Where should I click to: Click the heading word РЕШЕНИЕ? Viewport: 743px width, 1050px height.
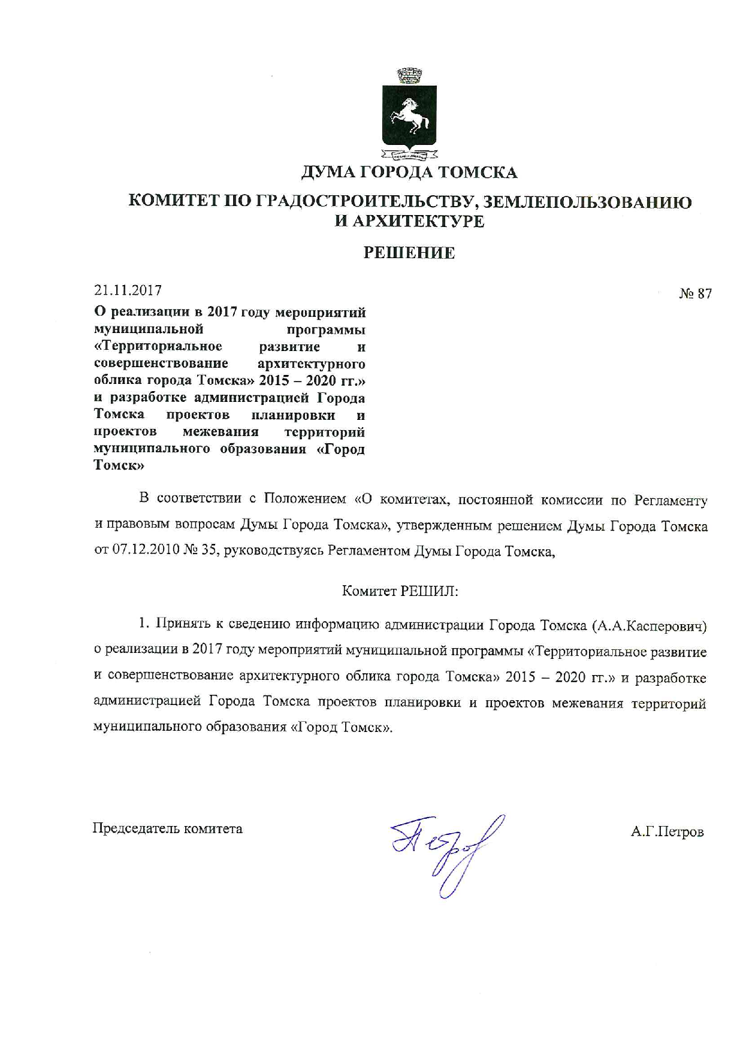pos(410,253)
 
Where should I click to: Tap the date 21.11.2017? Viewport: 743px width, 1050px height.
pos(128,291)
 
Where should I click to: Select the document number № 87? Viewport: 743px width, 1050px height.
pos(695,293)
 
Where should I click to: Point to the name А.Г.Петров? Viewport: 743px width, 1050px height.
pos(667,832)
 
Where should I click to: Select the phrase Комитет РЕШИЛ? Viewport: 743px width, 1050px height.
pos(400,591)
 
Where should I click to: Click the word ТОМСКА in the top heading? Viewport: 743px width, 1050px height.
pos(477,173)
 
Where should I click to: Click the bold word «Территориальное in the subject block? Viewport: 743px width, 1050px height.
pos(158,346)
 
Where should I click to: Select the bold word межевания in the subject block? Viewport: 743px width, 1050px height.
pos(221,431)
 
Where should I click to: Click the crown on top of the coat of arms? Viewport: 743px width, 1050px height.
pos(410,77)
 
